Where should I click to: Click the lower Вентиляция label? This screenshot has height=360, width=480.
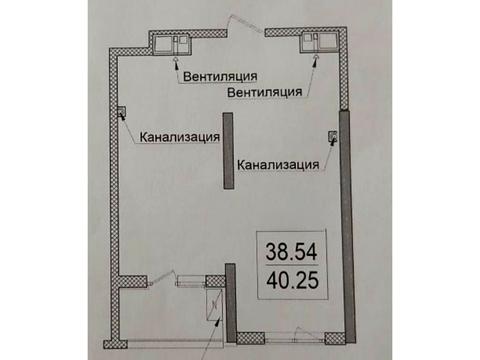[265, 93]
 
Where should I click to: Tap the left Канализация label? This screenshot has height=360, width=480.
[181, 138]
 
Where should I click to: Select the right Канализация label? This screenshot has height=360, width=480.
[279, 165]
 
